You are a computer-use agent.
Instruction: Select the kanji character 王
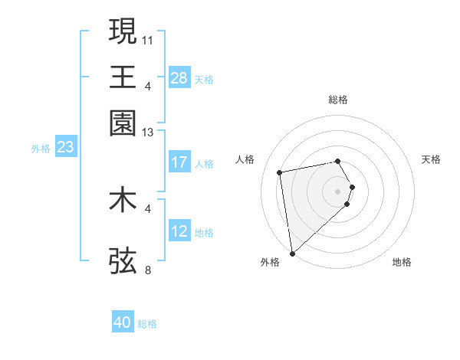pos(123,77)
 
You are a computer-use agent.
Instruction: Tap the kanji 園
pos(123,123)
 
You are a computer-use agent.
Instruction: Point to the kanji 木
pos(123,200)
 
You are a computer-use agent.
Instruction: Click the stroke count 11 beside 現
pos(148,38)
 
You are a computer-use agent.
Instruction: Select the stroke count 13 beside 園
pos(148,133)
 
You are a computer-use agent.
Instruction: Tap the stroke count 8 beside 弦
pos(148,270)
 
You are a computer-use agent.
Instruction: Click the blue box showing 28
pos(179,77)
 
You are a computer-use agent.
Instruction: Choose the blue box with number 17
pos(179,162)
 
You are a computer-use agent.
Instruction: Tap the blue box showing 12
pos(179,231)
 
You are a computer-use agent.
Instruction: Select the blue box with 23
pos(65,147)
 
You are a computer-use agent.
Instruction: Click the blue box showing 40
pos(123,322)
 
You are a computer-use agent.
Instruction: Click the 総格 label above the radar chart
pos(338,100)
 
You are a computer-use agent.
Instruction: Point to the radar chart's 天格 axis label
pos(432,159)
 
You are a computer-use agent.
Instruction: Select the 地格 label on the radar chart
pos(402,263)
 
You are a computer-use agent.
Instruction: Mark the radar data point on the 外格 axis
pos(292,253)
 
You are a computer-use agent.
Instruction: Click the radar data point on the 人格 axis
pos(280,172)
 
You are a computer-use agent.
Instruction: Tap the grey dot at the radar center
pos(338,190)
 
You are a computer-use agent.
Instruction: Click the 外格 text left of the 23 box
pos(40,149)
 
